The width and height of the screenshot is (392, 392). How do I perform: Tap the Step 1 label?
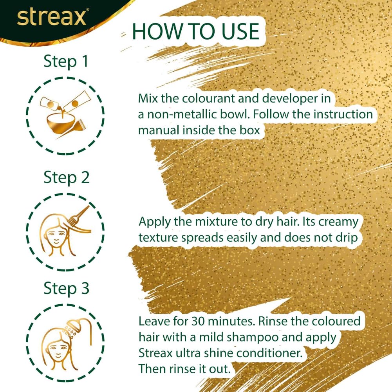click(66, 61)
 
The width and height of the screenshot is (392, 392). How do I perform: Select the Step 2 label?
click(66, 177)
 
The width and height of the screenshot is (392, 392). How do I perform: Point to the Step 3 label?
click(66, 289)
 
